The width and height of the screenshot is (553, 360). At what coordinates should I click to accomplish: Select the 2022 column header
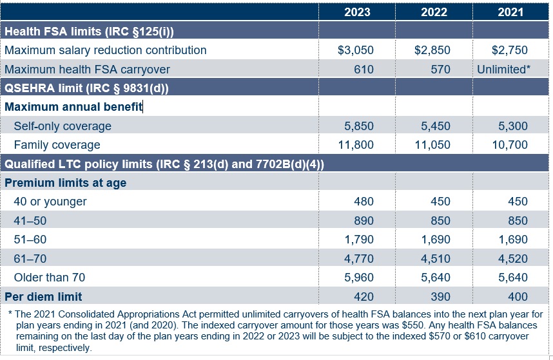(x=433, y=12)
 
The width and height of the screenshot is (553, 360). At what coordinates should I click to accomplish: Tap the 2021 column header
(x=510, y=12)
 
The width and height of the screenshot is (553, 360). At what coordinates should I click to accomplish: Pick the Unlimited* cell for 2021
(x=503, y=69)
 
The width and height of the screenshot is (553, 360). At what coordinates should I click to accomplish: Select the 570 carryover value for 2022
(x=440, y=69)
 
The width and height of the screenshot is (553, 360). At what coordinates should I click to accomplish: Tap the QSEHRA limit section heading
(x=86, y=88)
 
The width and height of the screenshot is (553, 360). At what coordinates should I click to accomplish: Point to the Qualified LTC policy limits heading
(x=164, y=164)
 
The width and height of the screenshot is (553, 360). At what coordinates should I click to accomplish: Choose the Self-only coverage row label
(x=63, y=126)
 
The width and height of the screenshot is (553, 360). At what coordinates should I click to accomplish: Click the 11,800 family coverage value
(x=356, y=145)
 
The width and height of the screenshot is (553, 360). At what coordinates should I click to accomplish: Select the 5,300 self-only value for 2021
(x=514, y=126)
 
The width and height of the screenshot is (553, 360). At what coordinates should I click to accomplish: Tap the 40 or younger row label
(x=50, y=202)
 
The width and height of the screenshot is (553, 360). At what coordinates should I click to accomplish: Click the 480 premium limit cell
(x=364, y=202)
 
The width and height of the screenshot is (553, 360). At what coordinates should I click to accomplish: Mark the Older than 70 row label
(x=50, y=278)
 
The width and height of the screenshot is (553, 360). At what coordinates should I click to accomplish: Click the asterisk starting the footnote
(x=10, y=314)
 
